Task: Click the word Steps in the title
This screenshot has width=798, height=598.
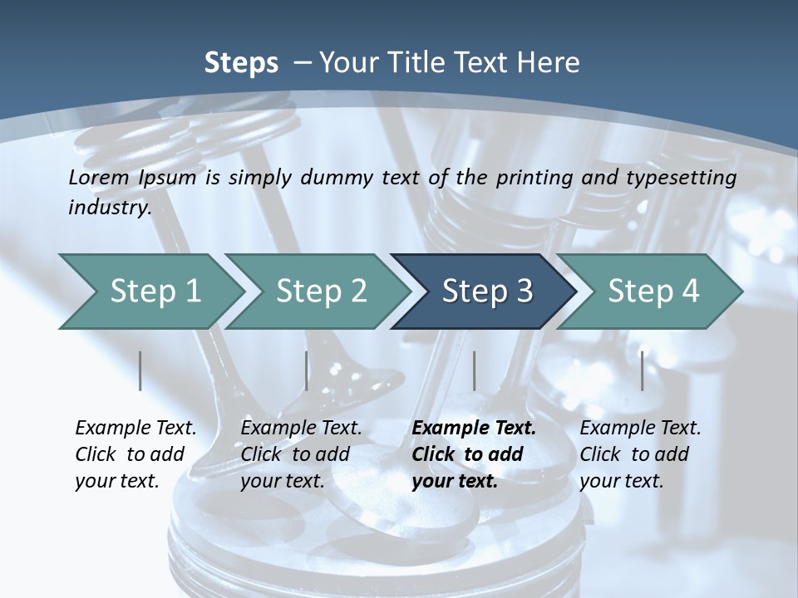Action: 241,63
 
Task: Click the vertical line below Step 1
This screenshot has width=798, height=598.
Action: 140,370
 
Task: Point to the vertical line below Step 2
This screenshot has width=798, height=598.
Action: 307,370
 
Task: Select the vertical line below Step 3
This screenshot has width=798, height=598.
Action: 475,370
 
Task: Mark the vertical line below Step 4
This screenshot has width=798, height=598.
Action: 643,370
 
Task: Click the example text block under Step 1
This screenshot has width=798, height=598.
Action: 135,454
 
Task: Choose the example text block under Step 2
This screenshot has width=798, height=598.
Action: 301,454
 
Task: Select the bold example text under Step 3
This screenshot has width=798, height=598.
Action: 473,454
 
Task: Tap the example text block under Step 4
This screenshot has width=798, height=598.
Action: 640,454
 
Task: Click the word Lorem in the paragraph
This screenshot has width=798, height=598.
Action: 99,177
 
